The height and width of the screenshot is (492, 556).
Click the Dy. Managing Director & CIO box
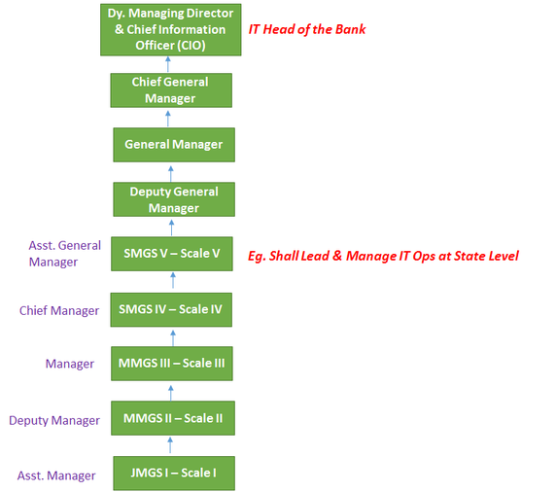tap(170, 30)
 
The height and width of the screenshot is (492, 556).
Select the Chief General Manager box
tap(171, 90)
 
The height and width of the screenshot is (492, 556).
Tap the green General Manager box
tap(174, 145)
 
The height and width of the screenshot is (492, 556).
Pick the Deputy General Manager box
tap(174, 199)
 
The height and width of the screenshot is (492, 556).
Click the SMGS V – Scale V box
tap(172, 254)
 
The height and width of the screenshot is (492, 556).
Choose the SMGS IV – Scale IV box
tap(171, 309)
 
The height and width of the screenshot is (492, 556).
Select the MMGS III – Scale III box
tap(172, 364)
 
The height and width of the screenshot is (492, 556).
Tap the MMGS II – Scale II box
tap(173, 418)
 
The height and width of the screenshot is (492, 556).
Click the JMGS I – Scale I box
tap(174, 474)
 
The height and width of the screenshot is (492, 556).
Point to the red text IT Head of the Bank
tap(307, 29)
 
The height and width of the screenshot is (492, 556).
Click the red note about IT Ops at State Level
tap(383, 256)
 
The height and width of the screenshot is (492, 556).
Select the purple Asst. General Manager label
tap(64, 254)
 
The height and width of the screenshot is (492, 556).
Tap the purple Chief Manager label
tap(59, 311)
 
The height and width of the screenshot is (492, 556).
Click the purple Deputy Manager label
tap(54, 420)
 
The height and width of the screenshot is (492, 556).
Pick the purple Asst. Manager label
tap(56, 475)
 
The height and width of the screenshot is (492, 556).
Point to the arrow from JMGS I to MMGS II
tap(170, 445)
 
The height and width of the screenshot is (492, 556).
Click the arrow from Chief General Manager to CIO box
tap(168, 64)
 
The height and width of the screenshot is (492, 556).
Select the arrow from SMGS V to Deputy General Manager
tap(172, 228)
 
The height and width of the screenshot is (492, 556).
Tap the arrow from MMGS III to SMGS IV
tap(173, 337)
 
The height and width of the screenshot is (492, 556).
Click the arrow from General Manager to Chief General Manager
tap(168, 119)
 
